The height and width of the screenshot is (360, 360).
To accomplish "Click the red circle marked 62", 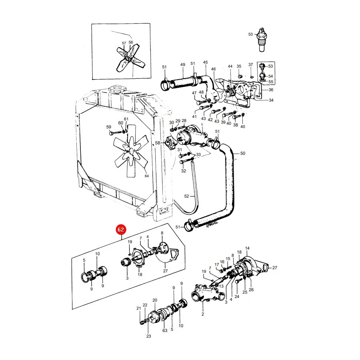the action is [x=121, y=230].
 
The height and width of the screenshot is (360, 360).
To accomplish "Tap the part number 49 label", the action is [x=182, y=65].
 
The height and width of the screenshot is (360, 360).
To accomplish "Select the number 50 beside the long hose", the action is [x=243, y=153].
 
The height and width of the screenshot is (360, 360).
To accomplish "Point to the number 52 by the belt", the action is [x=186, y=196].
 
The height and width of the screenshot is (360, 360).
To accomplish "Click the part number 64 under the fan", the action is [x=147, y=176].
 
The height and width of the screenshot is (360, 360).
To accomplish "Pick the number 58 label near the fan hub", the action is [x=158, y=143].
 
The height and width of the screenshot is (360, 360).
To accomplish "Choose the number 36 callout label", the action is [x=271, y=90].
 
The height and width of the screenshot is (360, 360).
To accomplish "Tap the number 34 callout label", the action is [x=271, y=100].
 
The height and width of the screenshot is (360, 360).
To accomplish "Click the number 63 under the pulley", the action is [x=165, y=331].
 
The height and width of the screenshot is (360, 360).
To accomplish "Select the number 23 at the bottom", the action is [x=148, y=336].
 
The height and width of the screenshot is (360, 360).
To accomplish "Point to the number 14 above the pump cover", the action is [x=247, y=248].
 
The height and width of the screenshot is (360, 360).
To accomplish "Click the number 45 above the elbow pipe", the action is [x=205, y=62].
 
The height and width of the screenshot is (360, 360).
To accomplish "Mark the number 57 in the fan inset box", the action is [x=124, y=43].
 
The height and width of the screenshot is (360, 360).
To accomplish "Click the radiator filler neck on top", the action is [x=117, y=89].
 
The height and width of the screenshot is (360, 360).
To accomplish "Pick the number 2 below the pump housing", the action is [x=203, y=314].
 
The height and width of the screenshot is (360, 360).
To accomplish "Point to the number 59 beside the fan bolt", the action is [x=108, y=127].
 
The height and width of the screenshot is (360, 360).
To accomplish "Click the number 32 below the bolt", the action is [x=184, y=171].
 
